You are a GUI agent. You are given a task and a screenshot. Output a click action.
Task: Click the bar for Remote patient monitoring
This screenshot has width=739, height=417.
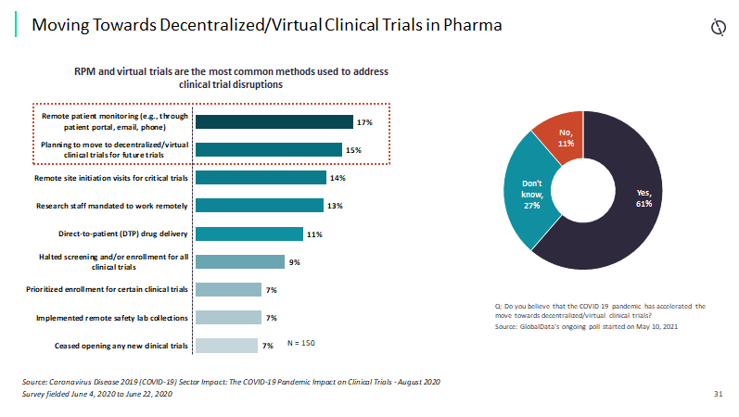coord(274,122)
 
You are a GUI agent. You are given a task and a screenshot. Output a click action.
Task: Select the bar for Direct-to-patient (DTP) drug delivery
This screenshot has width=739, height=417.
coord(248,234)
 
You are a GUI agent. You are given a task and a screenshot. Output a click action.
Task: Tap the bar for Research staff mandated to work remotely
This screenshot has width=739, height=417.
coord(258,206)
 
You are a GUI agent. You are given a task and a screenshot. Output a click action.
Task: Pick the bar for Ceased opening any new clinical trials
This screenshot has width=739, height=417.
coord(226,346)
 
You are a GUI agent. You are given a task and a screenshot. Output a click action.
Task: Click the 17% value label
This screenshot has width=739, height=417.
coord(364,122)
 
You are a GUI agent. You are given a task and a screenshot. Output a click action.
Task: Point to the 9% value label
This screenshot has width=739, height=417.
coord(294,262)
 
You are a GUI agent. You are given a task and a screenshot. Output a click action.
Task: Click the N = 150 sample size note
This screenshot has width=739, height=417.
coord(301,344)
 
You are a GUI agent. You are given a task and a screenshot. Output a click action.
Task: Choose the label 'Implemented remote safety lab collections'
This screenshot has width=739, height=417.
coord(112,318)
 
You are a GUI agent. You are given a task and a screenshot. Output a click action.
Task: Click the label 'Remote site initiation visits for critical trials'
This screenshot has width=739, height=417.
coord(111,178)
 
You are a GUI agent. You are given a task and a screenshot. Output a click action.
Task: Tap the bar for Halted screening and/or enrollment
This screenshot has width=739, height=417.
coord(239,262)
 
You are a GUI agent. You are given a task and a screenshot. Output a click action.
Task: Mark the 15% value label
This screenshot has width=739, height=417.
coord(352,150)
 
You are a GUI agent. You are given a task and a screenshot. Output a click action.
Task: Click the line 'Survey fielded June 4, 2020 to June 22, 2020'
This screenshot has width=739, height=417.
coord(96,394)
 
